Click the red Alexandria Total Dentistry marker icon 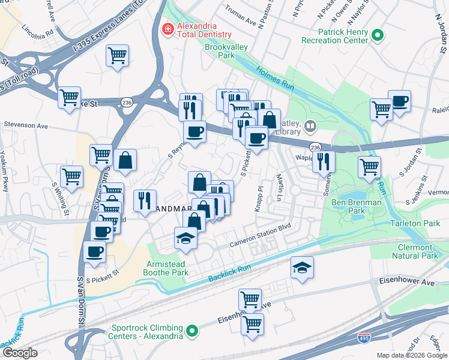167,28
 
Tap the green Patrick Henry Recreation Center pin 378,35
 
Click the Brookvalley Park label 218,50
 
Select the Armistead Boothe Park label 167,268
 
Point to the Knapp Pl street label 260,196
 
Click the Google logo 20,353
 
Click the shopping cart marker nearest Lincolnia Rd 118,56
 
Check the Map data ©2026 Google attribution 412,355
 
